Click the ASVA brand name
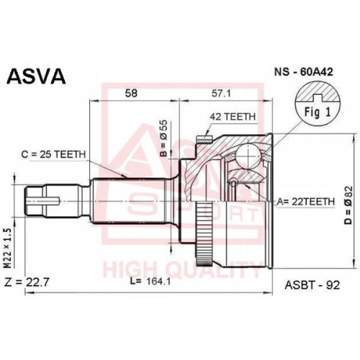pos(36,76)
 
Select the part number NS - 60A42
pos(304,72)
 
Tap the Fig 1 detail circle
pos(318,106)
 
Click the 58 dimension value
pos(131,93)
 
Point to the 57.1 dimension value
pos(221,93)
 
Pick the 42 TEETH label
pos(233,117)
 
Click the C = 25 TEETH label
pos(53,154)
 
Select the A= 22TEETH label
pos(305,202)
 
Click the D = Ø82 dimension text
pos(348,205)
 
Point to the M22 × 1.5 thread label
pos(9,248)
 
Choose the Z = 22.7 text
pos(27,282)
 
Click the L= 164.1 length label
pos(150,282)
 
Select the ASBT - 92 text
pos(312,285)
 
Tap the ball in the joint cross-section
pos(248,155)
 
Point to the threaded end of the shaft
pos(35,201)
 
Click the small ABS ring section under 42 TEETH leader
pos(204,139)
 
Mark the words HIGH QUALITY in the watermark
pos(182,270)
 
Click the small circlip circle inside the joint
pos(233,183)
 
